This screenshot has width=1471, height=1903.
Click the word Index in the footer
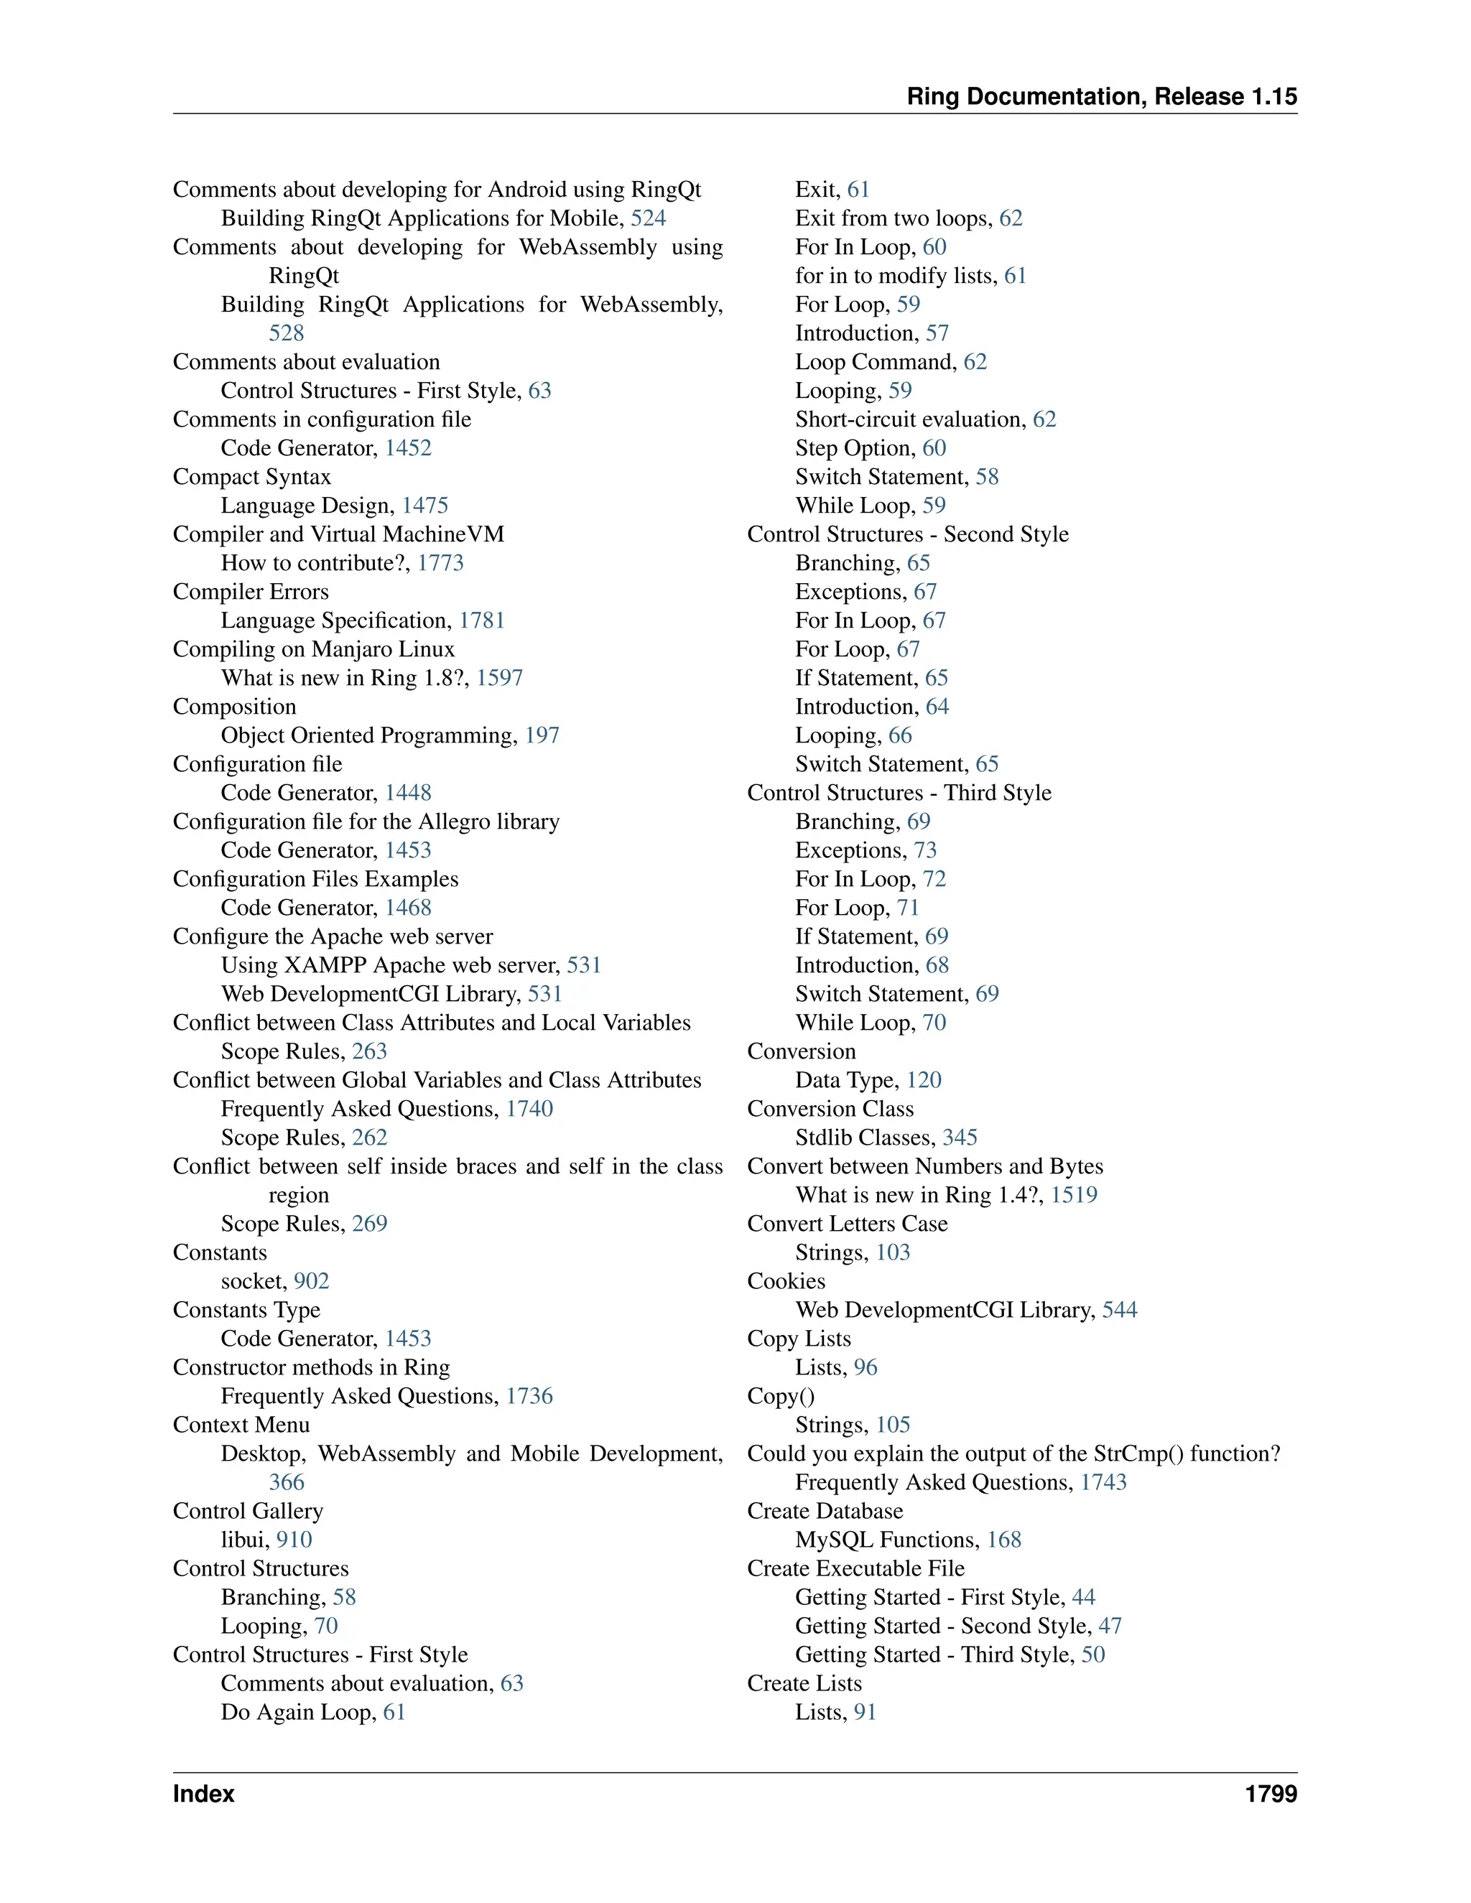[x=203, y=1794]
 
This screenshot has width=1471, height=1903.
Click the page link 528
[x=286, y=333]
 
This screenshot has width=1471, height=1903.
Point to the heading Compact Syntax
[x=252, y=477]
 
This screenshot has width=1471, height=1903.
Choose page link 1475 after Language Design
[x=424, y=506]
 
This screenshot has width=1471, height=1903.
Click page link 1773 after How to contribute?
[x=440, y=563]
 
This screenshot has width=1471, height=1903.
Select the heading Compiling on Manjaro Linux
[x=314, y=649]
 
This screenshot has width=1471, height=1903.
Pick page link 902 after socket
[x=311, y=1281]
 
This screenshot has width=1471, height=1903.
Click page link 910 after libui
[x=294, y=1540]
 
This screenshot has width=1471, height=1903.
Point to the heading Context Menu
[x=241, y=1425]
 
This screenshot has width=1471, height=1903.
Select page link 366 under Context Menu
[x=286, y=1482]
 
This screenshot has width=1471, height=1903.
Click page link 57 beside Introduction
[x=937, y=333]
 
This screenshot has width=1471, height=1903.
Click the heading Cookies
[x=786, y=1281]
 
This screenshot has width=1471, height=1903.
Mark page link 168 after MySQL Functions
[x=1004, y=1540]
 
